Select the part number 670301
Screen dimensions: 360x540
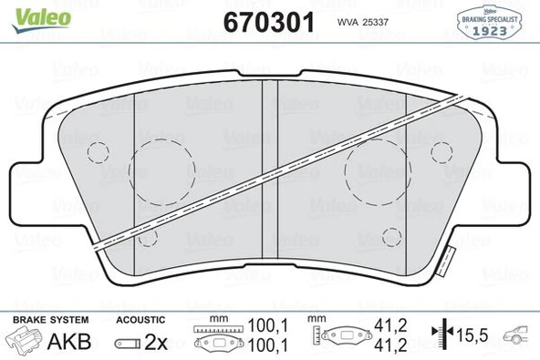(271, 20)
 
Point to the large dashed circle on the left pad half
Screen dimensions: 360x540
(162, 170)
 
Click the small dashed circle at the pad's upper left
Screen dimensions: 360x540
(97, 150)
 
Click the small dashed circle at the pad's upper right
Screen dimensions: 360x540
(441, 150)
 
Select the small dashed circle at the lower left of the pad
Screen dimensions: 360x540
(149, 238)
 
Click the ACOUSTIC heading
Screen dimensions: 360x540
(141, 319)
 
